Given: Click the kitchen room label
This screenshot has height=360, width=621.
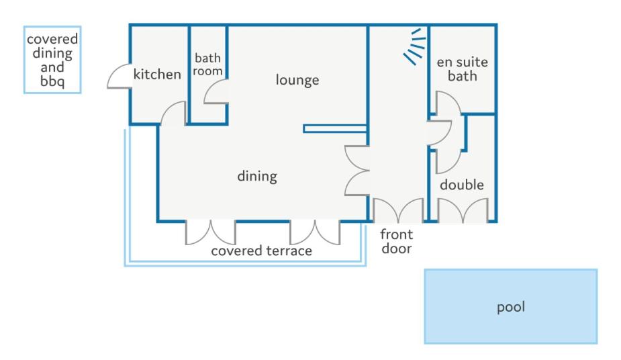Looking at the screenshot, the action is click(x=157, y=74).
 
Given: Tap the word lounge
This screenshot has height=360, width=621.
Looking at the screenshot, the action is click(x=297, y=81).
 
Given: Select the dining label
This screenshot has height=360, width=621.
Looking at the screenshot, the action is click(x=257, y=176).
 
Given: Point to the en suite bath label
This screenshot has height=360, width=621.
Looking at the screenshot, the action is click(x=462, y=69).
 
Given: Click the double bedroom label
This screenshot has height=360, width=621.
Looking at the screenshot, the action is click(x=462, y=185).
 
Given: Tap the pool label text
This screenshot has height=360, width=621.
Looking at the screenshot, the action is click(x=511, y=307).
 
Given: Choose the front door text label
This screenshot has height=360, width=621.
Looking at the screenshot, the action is click(x=397, y=241).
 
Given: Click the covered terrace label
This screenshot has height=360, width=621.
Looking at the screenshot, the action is click(x=261, y=251).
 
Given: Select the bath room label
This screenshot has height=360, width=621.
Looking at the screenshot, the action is click(x=207, y=64).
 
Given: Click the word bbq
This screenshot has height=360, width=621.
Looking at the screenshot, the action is click(x=52, y=81).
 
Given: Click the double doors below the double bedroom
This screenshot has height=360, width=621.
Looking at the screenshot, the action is click(x=463, y=210).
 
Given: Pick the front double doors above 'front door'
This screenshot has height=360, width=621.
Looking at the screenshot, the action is click(x=398, y=210).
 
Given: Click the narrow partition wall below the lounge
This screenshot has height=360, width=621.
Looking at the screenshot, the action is click(x=335, y=129).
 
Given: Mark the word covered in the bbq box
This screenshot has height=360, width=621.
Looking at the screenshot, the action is click(x=52, y=39).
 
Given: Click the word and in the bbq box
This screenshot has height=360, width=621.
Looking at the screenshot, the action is click(x=52, y=67).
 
